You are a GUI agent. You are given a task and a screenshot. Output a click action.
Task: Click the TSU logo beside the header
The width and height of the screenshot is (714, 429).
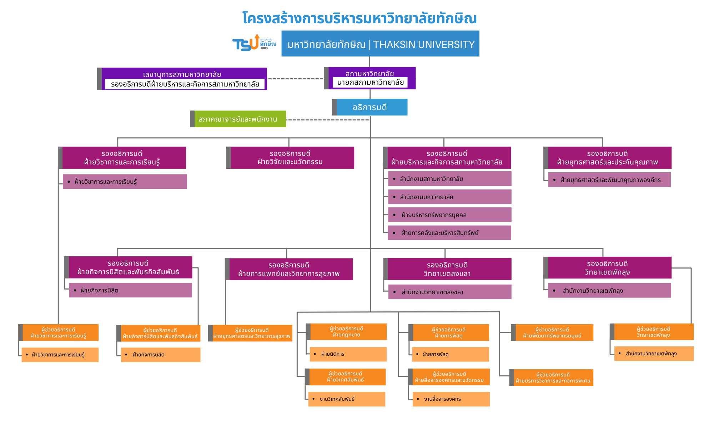(x=254, y=43)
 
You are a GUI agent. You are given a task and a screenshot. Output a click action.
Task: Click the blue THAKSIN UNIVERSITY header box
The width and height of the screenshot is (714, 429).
(x=380, y=44)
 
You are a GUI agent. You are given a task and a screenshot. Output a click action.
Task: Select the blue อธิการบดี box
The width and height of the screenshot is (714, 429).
(x=370, y=107)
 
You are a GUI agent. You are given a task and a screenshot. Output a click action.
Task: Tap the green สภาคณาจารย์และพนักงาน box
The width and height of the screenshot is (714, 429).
(x=238, y=119)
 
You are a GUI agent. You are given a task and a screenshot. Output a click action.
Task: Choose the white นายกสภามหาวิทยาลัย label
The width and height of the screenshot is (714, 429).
(x=370, y=83)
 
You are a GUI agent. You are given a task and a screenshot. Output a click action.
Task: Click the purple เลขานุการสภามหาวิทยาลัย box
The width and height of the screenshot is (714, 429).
(x=182, y=74)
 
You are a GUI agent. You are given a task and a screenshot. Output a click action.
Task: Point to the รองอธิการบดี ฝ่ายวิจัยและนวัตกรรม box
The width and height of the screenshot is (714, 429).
(x=290, y=158)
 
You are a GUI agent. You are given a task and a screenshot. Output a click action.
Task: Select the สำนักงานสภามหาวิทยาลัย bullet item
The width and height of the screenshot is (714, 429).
(x=449, y=179)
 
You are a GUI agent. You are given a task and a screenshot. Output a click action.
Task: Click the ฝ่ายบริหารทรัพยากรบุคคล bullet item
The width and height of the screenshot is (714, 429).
(x=449, y=215)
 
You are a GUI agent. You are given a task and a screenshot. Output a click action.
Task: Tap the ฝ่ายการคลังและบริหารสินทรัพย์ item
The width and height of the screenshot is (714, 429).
(x=449, y=233)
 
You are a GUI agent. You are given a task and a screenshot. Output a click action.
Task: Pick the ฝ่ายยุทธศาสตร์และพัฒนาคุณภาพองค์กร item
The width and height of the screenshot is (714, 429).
(x=609, y=180)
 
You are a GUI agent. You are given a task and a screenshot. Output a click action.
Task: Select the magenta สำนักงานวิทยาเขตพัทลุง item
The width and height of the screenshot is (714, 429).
(x=609, y=291)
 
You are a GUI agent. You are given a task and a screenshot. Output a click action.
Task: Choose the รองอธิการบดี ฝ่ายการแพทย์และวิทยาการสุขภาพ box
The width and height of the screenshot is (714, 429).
(x=289, y=270)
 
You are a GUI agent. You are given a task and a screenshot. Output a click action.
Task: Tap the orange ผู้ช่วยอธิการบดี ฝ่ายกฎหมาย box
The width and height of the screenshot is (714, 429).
(x=346, y=332)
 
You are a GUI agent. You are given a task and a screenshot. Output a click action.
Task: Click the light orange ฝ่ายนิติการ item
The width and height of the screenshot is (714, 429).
(x=348, y=354)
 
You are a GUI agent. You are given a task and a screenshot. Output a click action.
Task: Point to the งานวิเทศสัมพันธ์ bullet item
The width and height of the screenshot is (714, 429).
(x=347, y=399)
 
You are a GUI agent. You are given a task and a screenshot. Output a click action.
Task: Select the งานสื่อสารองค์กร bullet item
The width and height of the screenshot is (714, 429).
(x=451, y=399)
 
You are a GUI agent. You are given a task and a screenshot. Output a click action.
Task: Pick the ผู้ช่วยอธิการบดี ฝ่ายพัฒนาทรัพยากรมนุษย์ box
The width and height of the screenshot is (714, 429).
(x=552, y=332)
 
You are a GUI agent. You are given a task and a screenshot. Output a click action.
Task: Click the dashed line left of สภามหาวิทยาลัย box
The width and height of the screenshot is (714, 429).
(x=295, y=79)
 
